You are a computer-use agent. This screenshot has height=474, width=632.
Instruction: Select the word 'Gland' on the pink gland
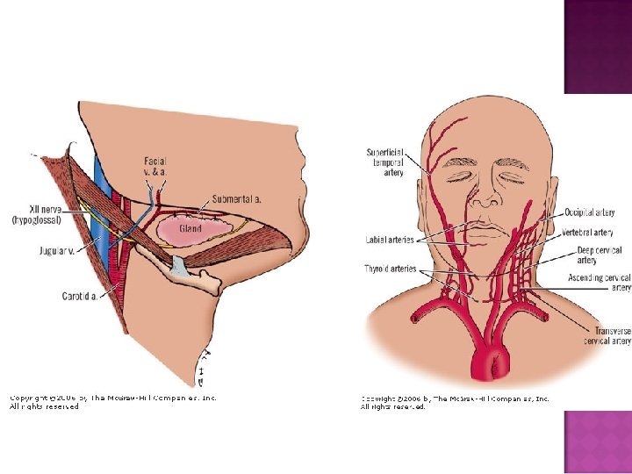point(190,228)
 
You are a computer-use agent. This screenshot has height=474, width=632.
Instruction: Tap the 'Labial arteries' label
point(390,240)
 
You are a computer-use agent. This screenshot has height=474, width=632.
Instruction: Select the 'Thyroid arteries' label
point(391,269)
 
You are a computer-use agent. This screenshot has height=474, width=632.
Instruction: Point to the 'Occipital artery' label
point(590,212)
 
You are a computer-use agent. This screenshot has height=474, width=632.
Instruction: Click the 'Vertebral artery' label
point(589,233)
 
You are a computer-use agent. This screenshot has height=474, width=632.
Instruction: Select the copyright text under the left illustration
point(112,402)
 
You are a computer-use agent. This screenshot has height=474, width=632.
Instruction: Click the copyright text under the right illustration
point(455,402)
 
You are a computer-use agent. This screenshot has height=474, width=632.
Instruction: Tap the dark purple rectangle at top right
point(597,47)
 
